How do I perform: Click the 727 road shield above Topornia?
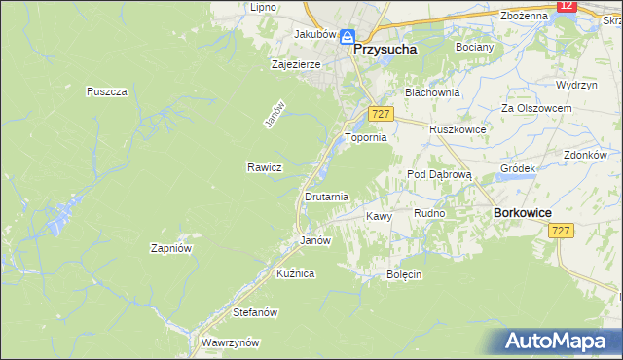(381, 114)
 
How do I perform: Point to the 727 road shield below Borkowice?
(560, 231)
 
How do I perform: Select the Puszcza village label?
(107, 91)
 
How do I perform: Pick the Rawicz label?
(264, 167)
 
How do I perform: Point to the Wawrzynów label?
(230, 342)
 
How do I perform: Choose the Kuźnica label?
(295, 274)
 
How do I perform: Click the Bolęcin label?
(403, 274)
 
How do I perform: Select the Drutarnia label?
(326, 197)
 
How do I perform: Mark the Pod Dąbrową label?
(439, 174)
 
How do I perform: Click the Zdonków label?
(585, 155)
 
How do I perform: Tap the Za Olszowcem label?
(535, 107)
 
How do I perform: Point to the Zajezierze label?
(297, 65)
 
